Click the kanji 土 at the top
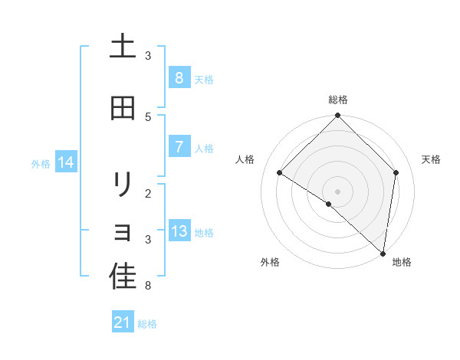click(x=123, y=46)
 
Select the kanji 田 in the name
click(x=123, y=108)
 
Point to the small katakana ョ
click(x=123, y=231)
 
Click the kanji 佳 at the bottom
click(x=123, y=277)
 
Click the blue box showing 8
click(x=179, y=77)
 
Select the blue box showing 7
click(x=179, y=147)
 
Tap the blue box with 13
click(x=179, y=231)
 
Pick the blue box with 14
click(x=66, y=162)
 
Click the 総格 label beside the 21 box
click(x=147, y=324)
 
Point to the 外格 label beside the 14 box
click(x=41, y=163)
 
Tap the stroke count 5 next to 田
click(x=148, y=116)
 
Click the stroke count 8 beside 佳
click(x=148, y=286)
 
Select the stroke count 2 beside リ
click(x=148, y=193)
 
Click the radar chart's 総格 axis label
click(x=338, y=100)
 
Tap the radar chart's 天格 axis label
click(x=431, y=159)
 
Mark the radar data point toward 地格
click(x=383, y=253)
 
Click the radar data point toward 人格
click(x=280, y=173)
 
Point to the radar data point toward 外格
click(x=329, y=204)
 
